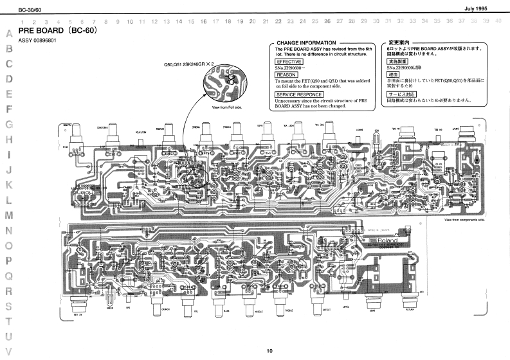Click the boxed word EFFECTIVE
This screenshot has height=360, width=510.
point(289,61)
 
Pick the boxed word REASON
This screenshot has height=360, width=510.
point(286,75)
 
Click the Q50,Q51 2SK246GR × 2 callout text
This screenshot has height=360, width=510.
point(188,65)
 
